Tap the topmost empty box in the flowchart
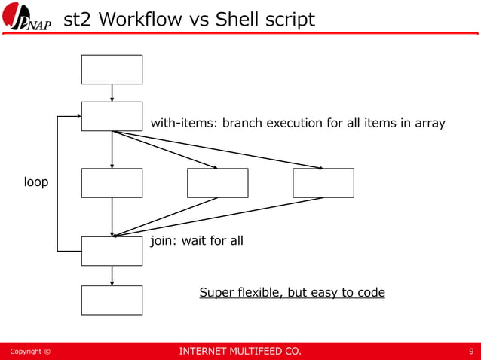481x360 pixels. (112, 69)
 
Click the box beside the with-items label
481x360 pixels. (112, 116)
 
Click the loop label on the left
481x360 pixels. (35, 182)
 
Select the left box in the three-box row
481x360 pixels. (112, 183)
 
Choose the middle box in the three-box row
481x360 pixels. (217, 183)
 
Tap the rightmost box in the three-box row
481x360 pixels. (323, 183)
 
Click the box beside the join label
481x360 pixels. (112, 251)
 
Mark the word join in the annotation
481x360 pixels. (164, 241)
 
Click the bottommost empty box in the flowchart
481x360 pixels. (112, 300)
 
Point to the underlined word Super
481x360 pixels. (217, 292)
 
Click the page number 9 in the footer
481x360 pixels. (470, 351)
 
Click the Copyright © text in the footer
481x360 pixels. (29, 352)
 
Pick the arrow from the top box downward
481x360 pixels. (112, 93)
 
